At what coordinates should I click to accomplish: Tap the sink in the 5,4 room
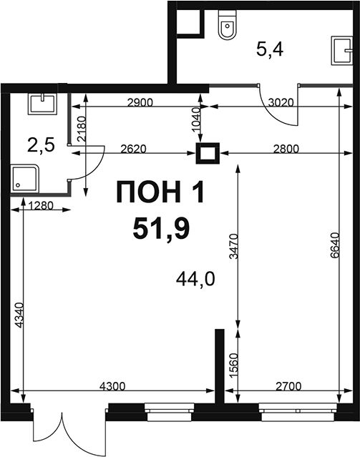[342, 51]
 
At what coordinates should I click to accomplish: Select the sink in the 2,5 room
[42, 104]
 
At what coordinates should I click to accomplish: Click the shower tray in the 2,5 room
[25, 179]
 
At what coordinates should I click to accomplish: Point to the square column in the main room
[208, 153]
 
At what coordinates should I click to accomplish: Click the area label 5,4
[270, 49]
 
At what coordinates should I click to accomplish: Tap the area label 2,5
[41, 145]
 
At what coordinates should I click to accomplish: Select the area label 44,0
[195, 279]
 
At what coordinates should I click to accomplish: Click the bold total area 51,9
[161, 229]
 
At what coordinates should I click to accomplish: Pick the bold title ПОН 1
[160, 192]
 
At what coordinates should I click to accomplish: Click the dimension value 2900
[140, 102]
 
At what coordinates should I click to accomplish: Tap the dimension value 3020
[281, 102]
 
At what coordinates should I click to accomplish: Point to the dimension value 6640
[335, 245]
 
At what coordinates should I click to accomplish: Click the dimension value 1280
[41, 206]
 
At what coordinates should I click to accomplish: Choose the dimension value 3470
[233, 246]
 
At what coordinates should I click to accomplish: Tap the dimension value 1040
[196, 119]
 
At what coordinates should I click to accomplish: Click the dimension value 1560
[234, 365]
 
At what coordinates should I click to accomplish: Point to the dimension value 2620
[134, 149]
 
